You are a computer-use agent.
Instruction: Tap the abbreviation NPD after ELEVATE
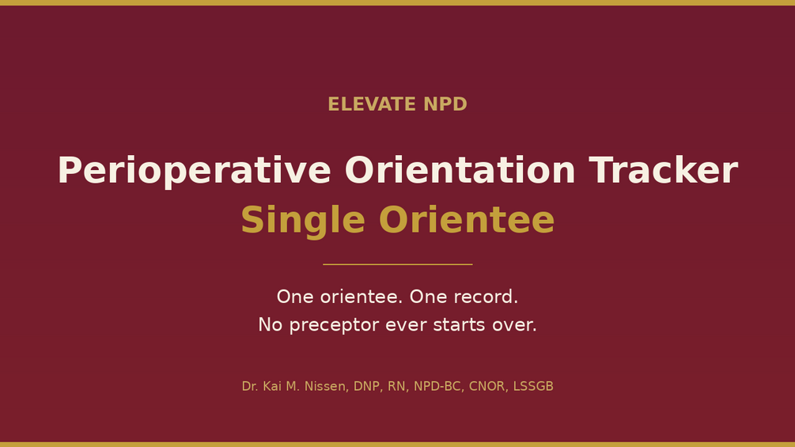click(x=445, y=104)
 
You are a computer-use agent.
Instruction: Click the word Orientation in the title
click(x=460, y=170)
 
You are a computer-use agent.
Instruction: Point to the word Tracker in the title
click(x=663, y=170)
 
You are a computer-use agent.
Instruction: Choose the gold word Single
click(x=303, y=221)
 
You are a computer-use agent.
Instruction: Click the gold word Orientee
click(x=467, y=220)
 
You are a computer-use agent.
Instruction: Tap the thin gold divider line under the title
click(x=397, y=264)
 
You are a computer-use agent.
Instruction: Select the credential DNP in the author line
click(x=366, y=386)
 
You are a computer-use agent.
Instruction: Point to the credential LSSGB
click(x=533, y=386)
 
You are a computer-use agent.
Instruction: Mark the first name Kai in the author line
click(x=272, y=386)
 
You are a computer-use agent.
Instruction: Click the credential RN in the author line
click(x=397, y=386)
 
